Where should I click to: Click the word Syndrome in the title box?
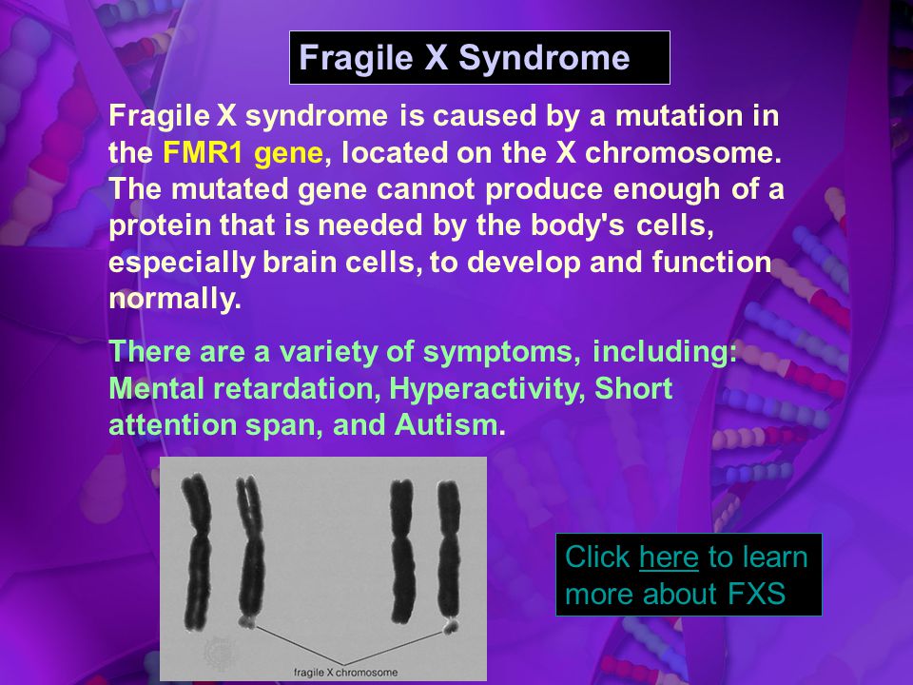click(544, 58)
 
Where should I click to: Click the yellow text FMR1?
click(203, 152)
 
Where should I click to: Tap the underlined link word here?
click(669, 557)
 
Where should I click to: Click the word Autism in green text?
click(446, 424)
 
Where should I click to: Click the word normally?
click(175, 300)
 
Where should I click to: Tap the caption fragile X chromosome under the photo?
click(345, 673)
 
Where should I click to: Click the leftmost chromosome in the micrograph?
click(197, 552)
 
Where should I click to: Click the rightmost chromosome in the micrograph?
click(448, 558)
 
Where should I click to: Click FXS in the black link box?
click(756, 594)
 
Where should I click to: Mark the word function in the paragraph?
click(711, 263)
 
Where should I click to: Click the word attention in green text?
click(173, 424)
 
